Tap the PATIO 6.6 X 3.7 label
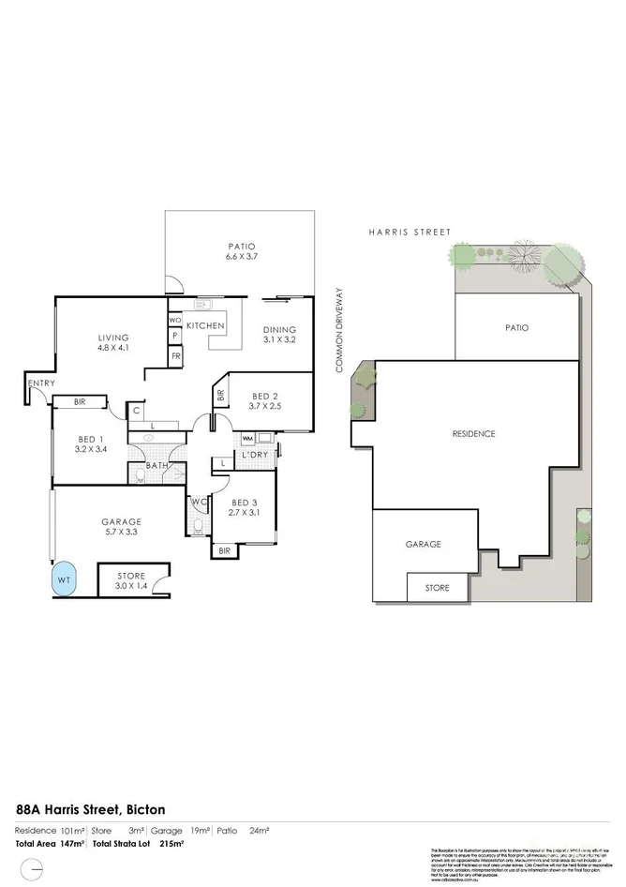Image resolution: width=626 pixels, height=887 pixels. [x=214, y=251]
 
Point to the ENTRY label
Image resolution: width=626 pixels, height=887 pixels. [x=41, y=383]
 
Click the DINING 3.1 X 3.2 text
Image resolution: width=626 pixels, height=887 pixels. [x=279, y=335]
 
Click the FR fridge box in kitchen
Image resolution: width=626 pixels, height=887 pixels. [x=175, y=356]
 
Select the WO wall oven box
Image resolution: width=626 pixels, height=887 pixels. [x=174, y=320]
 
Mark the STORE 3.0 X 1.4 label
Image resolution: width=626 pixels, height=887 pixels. [x=131, y=581]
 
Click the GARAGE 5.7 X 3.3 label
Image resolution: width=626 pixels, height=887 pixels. [x=121, y=528]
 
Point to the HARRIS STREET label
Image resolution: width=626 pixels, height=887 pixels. [x=410, y=232]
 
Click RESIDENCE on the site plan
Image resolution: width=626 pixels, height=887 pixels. [x=472, y=434]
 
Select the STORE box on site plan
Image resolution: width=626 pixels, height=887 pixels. [x=438, y=588]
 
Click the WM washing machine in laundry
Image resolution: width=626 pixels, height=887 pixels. [x=247, y=438]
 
